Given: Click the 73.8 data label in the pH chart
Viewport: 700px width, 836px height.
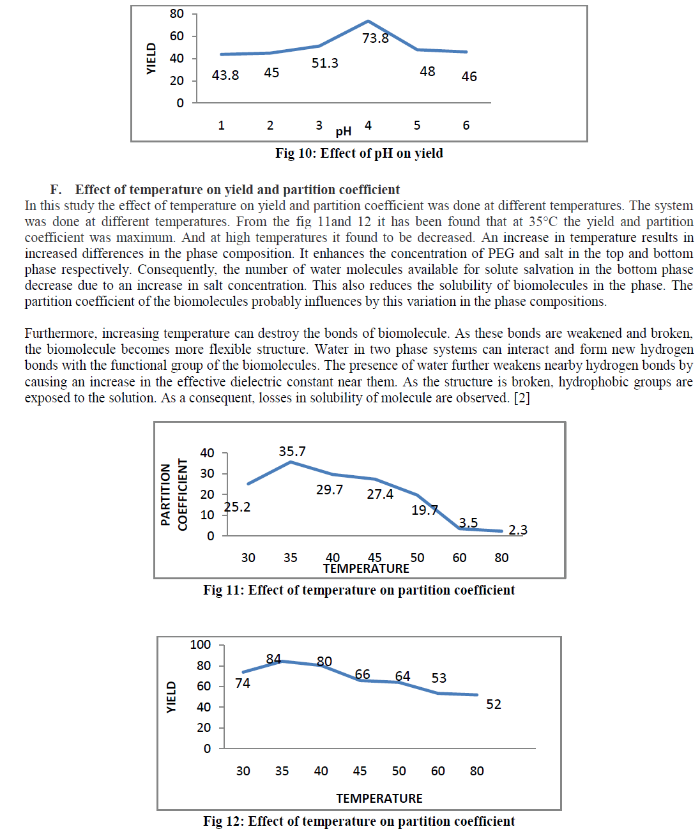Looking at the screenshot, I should (x=375, y=38).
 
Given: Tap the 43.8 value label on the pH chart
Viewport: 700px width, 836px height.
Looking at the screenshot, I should (x=225, y=75).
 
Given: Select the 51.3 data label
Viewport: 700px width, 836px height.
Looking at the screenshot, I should (x=324, y=63).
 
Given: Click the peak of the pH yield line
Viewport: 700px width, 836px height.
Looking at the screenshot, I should (x=369, y=21).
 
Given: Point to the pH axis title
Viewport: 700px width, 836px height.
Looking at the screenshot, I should (x=344, y=132).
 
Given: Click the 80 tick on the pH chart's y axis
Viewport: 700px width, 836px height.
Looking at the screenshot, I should (x=177, y=13).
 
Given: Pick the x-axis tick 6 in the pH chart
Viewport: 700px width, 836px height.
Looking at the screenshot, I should (x=466, y=126).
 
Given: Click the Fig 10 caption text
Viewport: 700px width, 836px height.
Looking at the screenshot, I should (x=359, y=153).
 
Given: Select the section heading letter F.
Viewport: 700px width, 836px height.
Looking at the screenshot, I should (x=56, y=190).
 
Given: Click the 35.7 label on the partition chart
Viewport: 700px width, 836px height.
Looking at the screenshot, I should (x=292, y=452).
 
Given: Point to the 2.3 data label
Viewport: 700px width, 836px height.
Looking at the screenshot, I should (x=518, y=530).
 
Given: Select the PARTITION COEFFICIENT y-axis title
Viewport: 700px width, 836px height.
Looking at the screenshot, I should (x=174, y=494).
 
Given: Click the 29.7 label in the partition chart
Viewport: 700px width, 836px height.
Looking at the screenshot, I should (x=330, y=490).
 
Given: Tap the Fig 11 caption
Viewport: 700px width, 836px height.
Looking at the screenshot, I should (x=359, y=590).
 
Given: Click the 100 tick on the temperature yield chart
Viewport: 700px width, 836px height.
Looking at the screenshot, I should (x=201, y=644).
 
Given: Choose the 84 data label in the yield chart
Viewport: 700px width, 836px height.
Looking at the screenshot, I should (x=273, y=658).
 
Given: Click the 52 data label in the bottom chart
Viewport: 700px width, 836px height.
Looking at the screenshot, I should (x=494, y=704).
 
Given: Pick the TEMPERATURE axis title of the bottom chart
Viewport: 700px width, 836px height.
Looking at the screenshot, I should (x=379, y=798).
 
